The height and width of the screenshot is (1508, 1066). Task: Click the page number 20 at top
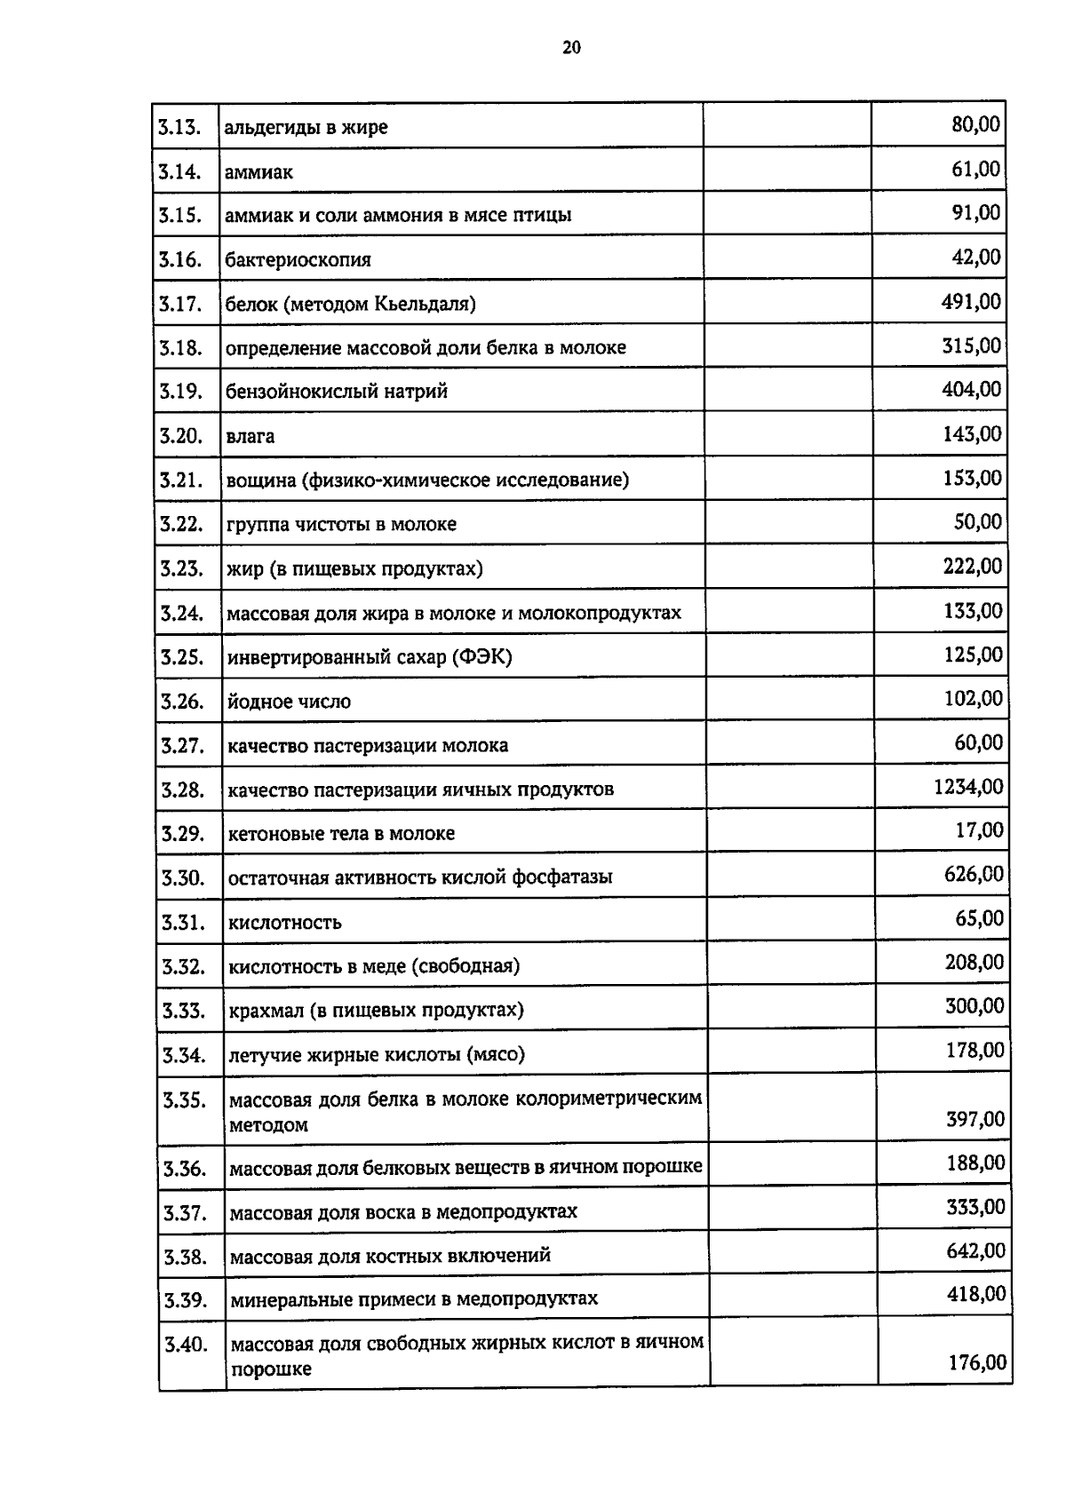[571, 48]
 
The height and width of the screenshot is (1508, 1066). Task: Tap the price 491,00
[971, 302]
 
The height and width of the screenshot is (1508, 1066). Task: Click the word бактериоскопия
[298, 260]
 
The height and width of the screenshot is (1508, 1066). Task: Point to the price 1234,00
[968, 787]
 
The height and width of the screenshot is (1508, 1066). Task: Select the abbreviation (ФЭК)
[481, 657]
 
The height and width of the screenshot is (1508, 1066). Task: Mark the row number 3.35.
[185, 1100]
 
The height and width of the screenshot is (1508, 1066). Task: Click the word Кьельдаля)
[425, 305]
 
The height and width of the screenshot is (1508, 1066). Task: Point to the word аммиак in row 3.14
[259, 172]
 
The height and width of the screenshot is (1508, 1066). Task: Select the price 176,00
[977, 1362]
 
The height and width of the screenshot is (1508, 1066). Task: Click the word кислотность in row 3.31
[284, 923]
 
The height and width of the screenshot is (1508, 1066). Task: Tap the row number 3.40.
[187, 1344]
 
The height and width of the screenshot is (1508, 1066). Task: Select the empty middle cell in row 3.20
[787, 434]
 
